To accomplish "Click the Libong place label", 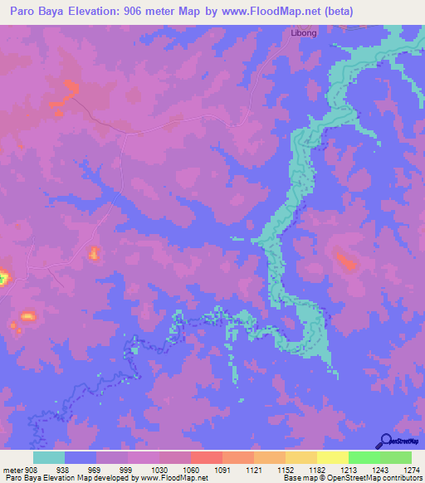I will click(x=303, y=32).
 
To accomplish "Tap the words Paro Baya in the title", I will click(x=37, y=12).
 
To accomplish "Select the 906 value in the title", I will click(x=146, y=12).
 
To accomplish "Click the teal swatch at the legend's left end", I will click(x=49, y=457).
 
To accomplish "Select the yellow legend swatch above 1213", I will click(x=332, y=457).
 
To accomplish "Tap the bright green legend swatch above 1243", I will click(x=364, y=457).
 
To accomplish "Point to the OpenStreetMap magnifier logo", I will click(x=386, y=441).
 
